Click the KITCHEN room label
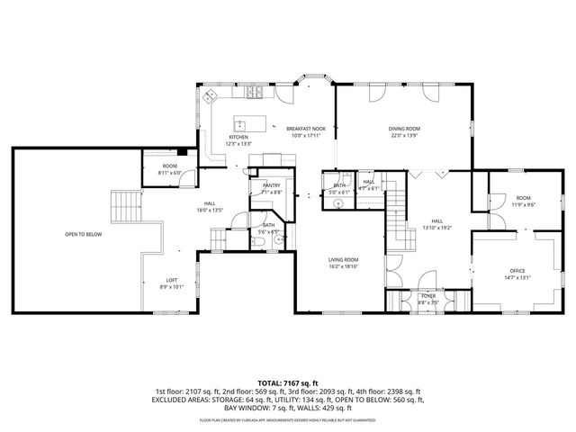(238, 137)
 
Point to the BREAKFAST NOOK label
(305, 129)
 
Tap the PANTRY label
(271, 184)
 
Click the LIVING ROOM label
(343, 260)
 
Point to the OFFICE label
(517, 271)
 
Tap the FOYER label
(427, 296)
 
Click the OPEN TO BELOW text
(83, 234)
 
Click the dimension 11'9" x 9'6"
(523, 204)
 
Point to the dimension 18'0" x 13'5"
(209, 210)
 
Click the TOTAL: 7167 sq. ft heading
(287, 382)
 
